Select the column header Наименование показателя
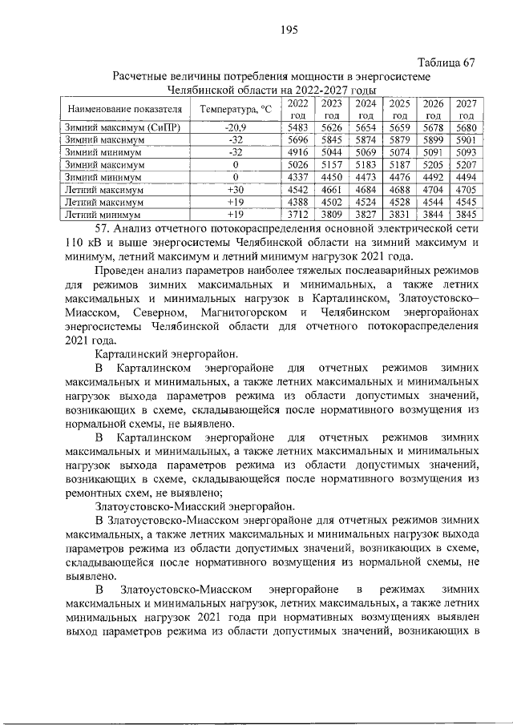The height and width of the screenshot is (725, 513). (124, 108)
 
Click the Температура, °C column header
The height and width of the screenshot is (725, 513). (236, 108)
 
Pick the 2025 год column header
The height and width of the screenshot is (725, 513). (398, 109)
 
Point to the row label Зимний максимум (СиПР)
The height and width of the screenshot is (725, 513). (117, 127)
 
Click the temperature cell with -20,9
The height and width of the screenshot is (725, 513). (236, 127)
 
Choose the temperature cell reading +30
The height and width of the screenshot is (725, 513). (235, 190)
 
